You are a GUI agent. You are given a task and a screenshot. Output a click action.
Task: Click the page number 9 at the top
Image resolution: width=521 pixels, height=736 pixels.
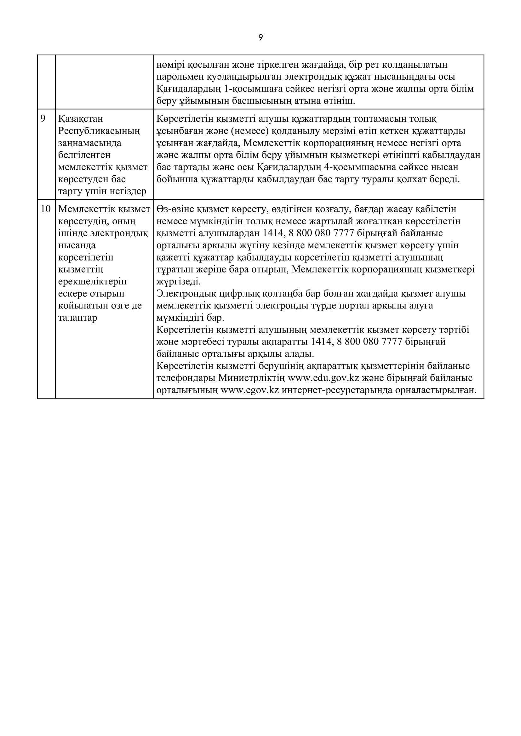(260, 38)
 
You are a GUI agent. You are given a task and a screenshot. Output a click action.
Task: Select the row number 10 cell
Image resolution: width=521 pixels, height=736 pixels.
(46, 209)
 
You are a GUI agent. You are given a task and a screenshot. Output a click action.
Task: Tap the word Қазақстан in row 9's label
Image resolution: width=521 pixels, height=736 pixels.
(81, 119)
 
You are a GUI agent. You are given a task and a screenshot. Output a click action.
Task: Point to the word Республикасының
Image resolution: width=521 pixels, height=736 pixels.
(99, 131)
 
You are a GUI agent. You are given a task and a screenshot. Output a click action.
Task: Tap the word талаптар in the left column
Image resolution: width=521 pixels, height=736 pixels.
(77, 318)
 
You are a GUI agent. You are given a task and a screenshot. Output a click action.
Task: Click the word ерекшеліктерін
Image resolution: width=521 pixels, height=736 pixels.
(92, 281)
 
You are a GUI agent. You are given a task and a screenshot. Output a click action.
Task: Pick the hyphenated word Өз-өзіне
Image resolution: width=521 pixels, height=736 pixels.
(175, 209)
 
